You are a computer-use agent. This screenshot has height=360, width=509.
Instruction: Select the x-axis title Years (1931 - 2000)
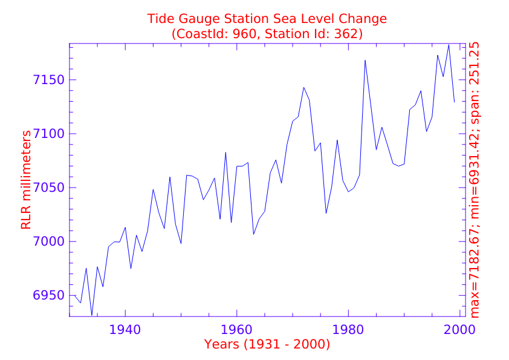click(x=267, y=344)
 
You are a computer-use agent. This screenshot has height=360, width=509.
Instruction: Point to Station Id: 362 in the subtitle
click(x=318, y=34)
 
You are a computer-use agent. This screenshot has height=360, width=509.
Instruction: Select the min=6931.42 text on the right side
click(x=475, y=182)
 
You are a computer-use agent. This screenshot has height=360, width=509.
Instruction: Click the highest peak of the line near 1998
click(x=449, y=45)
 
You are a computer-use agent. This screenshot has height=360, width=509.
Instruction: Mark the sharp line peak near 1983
click(x=365, y=60)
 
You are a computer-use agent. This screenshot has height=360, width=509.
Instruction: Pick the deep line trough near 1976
click(x=326, y=213)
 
